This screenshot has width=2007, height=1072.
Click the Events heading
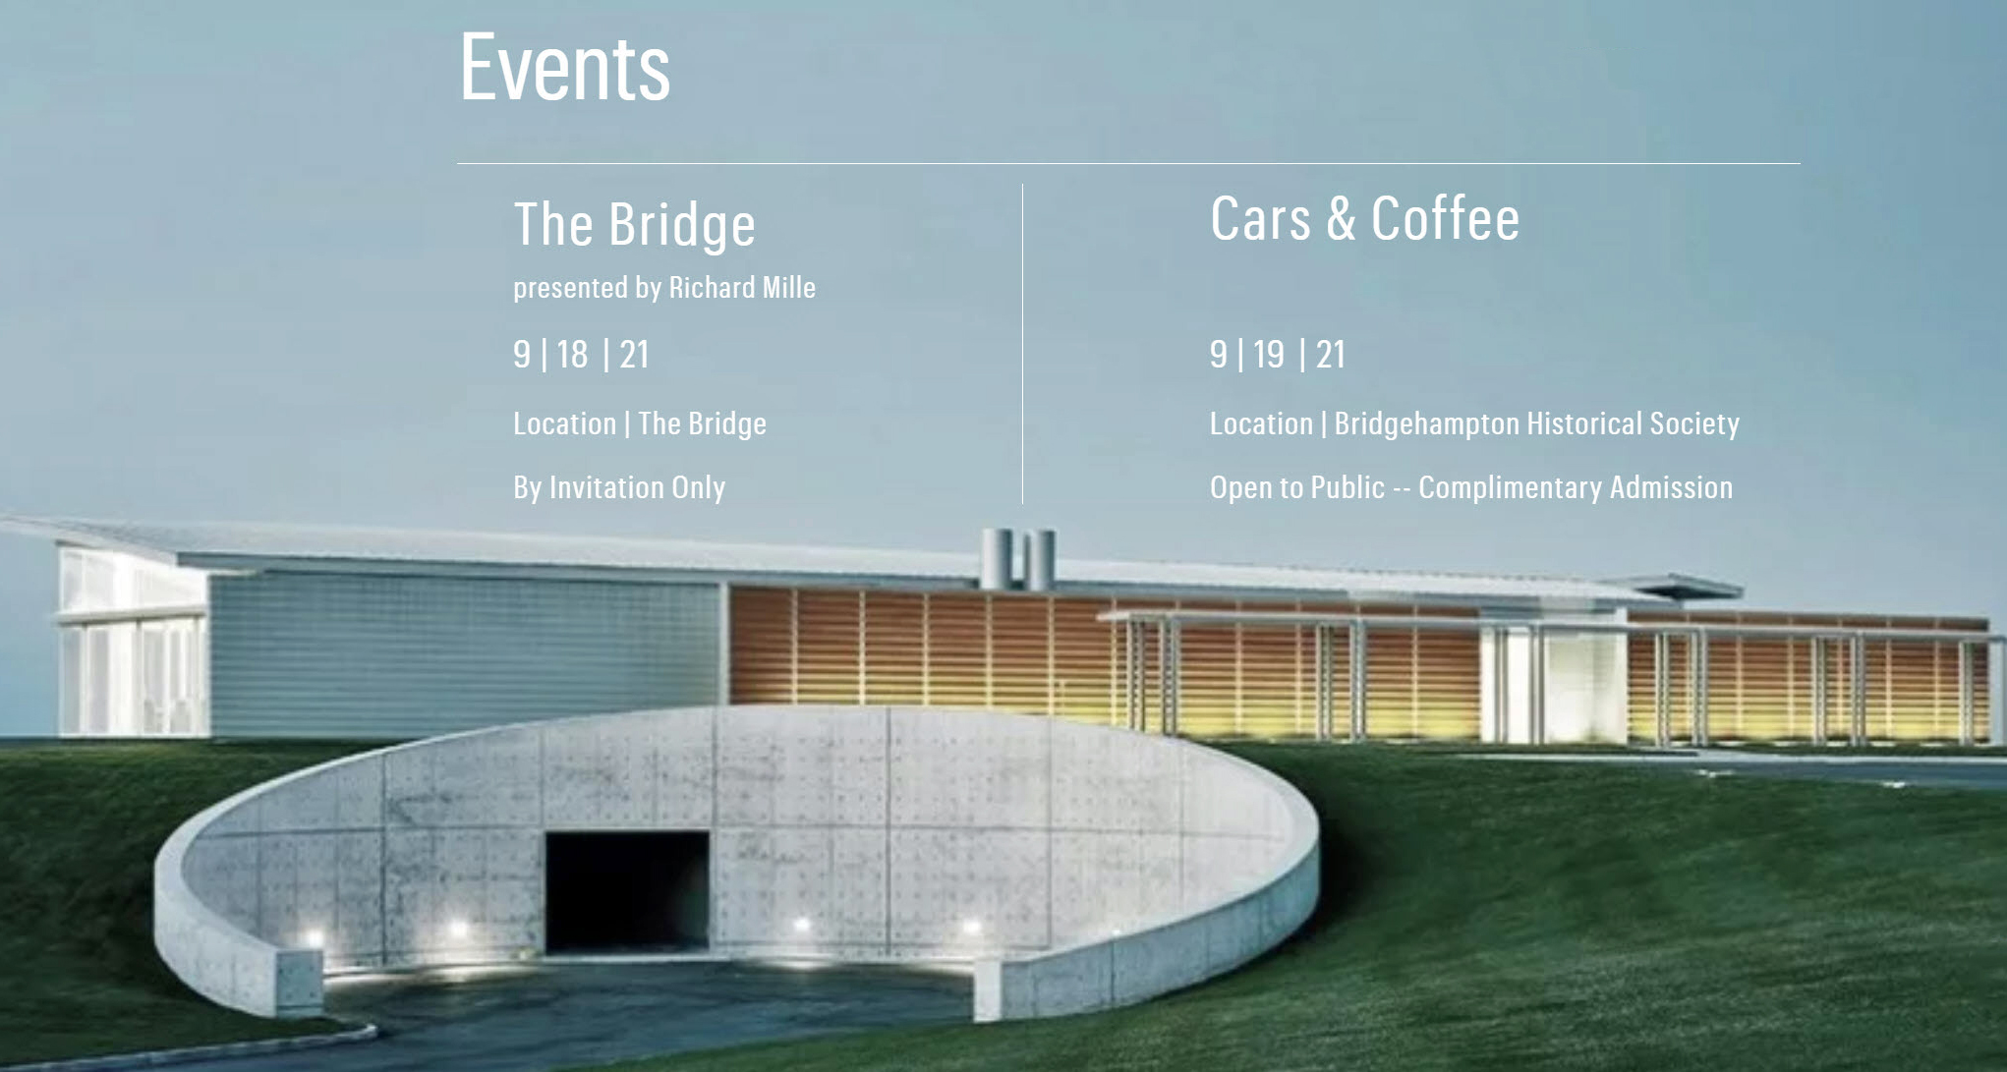point(565,67)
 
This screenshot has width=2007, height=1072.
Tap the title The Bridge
point(635,224)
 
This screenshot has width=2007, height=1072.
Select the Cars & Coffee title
point(1364,218)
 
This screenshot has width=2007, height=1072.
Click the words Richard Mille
point(742,288)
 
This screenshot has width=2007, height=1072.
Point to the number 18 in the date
point(572,355)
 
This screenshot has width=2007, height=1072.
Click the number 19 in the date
point(1269,355)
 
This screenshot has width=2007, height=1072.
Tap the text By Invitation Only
point(619,487)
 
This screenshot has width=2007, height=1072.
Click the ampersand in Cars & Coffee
point(1341,218)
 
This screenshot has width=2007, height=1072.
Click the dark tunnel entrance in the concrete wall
point(627,890)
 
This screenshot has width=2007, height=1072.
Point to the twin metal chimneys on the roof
point(1018,558)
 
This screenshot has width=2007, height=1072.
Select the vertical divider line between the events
point(1022,344)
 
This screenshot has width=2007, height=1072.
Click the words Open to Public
point(1296,487)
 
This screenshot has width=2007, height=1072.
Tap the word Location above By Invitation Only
point(564,423)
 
